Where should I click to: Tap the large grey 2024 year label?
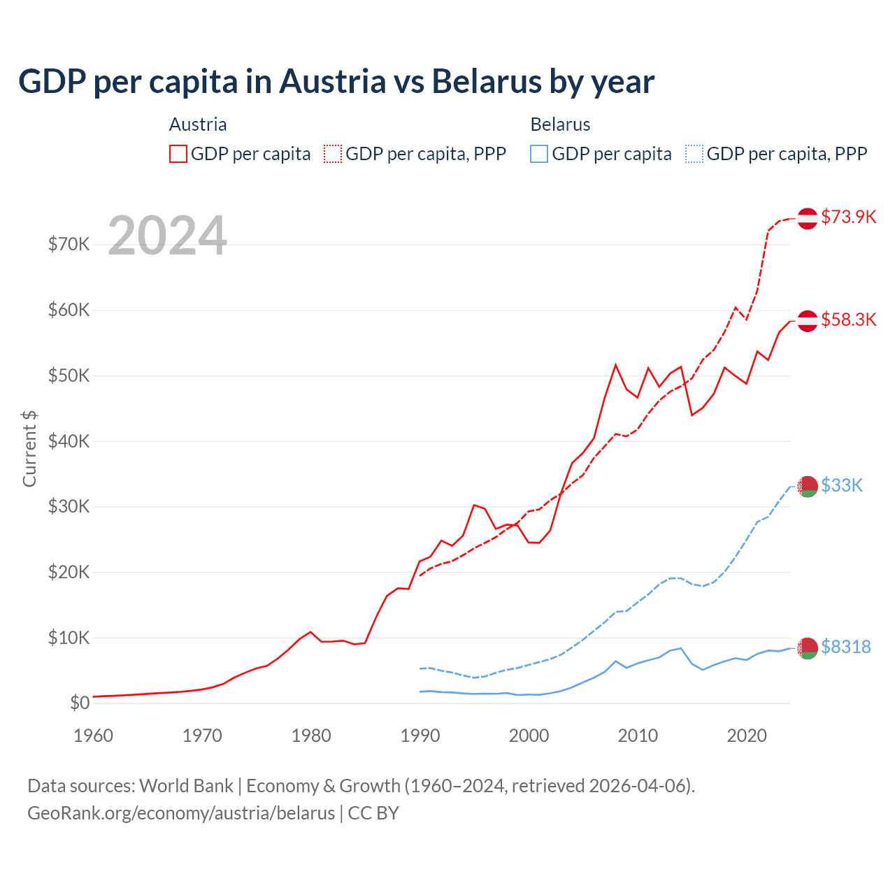pyautogui.click(x=167, y=236)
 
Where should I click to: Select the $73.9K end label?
pyautogui.click(x=848, y=217)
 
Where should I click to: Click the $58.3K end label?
pyautogui.click(x=848, y=320)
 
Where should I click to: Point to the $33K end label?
pyautogui.click(x=842, y=485)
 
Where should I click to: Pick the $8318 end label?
pyautogui.click(x=845, y=647)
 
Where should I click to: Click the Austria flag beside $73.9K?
pyautogui.click(x=808, y=218)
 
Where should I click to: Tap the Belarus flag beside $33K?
pyautogui.click(x=808, y=486)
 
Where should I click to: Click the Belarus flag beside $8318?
pyautogui.click(x=808, y=648)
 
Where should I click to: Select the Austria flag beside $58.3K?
pyautogui.click(x=808, y=320)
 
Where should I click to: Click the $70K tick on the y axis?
pyautogui.click(x=69, y=244)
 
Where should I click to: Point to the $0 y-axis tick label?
pyautogui.click(x=80, y=703)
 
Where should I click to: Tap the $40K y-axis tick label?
pyautogui.click(x=69, y=441)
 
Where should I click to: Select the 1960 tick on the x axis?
pyautogui.click(x=93, y=736)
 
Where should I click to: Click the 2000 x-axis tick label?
pyautogui.click(x=529, y=736)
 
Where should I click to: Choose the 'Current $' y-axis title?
pyautogui.click(x=29, y=448)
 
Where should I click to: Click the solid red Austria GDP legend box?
pyautogui.click(x=178, y=154)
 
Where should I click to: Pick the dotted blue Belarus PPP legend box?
pyautogui.click(x=694, y=154)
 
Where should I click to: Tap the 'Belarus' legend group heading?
pyautogui.click(x=560, y=124)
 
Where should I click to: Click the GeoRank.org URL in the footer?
pyautogui.click(x=181, y=813)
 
